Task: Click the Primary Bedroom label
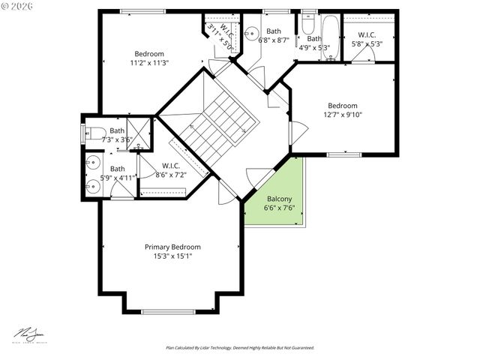click(x=172, y=247)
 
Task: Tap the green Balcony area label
click(x=279, y=199)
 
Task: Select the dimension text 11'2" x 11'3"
click(x=149, y=63)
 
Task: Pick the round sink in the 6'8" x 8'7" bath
click(x=251, y=31)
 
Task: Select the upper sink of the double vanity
click(x=92, y=162)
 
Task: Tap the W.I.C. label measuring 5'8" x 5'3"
click(x=367, y=39)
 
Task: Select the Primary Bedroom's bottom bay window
click(x=169, y=311)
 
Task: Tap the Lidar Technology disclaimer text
click(x=240, y=348)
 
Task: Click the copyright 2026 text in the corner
click(x=19, y=7)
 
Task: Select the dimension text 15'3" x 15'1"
click(x=172, y=256)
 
